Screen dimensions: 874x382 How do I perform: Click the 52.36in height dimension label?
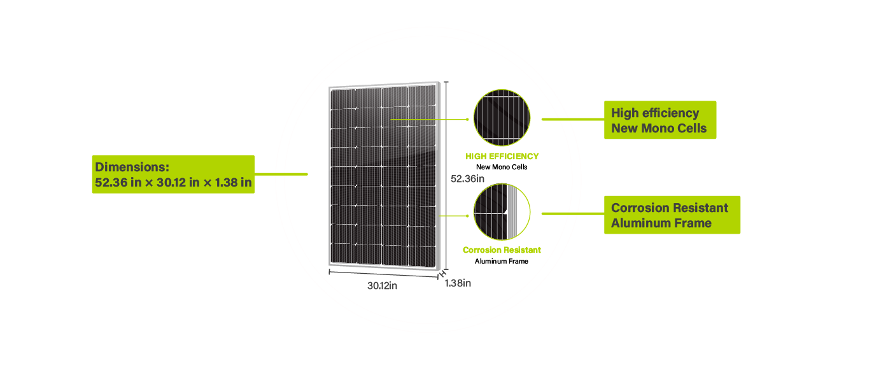[x=467, y=179]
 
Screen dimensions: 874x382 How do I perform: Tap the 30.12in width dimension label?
[x=382, y=286]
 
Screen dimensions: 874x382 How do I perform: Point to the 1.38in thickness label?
[x=458, y=283]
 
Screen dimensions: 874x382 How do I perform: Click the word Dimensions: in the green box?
[x=132, y=167]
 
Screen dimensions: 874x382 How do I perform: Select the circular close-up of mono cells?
[x=502, y=118]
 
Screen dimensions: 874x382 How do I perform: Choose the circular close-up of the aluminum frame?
[x=502, y=212]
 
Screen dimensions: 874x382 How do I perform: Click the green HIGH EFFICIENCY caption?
[x=502, y=157]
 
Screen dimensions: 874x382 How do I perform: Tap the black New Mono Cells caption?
[x=502, y=167]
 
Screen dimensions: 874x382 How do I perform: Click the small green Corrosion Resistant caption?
[x=502, y=250]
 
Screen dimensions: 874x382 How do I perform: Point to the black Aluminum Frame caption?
[x=502, y=261]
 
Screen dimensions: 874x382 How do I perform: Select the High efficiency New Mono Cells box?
[x=660, y=120]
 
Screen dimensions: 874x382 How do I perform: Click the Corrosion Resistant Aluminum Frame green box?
[x=672, y=215]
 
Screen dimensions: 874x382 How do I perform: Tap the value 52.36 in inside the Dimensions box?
[x=118, y=182]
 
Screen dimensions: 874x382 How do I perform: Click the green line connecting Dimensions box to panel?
[x=281, y=174]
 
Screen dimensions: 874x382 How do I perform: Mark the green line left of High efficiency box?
[x=573, y=120]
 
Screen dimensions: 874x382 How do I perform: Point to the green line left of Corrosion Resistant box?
[x=573, y=214]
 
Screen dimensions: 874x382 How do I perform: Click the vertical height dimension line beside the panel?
[x=446, y=176]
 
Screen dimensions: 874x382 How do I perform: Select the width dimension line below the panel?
[x=384, y=274]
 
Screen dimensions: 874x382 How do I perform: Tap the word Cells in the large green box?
[x=692, y=128]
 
